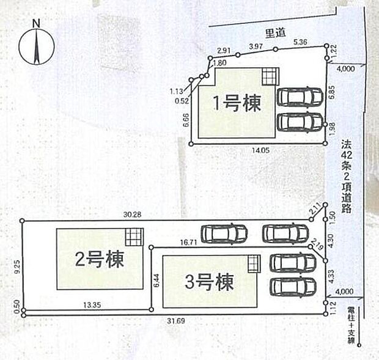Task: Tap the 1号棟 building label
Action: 237,103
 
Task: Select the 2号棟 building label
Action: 100,260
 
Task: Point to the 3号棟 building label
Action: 209,282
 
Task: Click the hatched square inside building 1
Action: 270,76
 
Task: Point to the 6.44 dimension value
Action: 156,281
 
